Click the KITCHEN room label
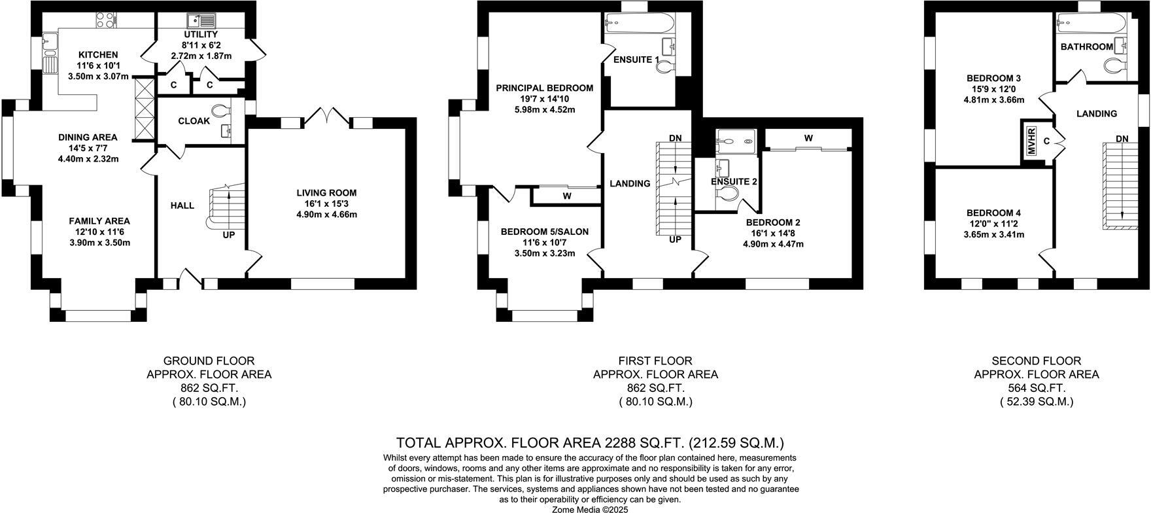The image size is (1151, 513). [98, 54]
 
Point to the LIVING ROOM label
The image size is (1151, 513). [326, 192]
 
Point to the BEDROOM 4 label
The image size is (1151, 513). [993, 213]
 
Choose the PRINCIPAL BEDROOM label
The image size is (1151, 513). [544, 88]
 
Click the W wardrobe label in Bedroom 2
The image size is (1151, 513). [808, 138]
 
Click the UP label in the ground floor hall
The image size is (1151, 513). [229, 234]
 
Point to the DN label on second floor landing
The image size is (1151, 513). [1122, 138]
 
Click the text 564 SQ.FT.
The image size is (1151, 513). [1036, 388]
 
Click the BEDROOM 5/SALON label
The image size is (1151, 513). [545, 232]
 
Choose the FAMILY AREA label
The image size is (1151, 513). [99, 221]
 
